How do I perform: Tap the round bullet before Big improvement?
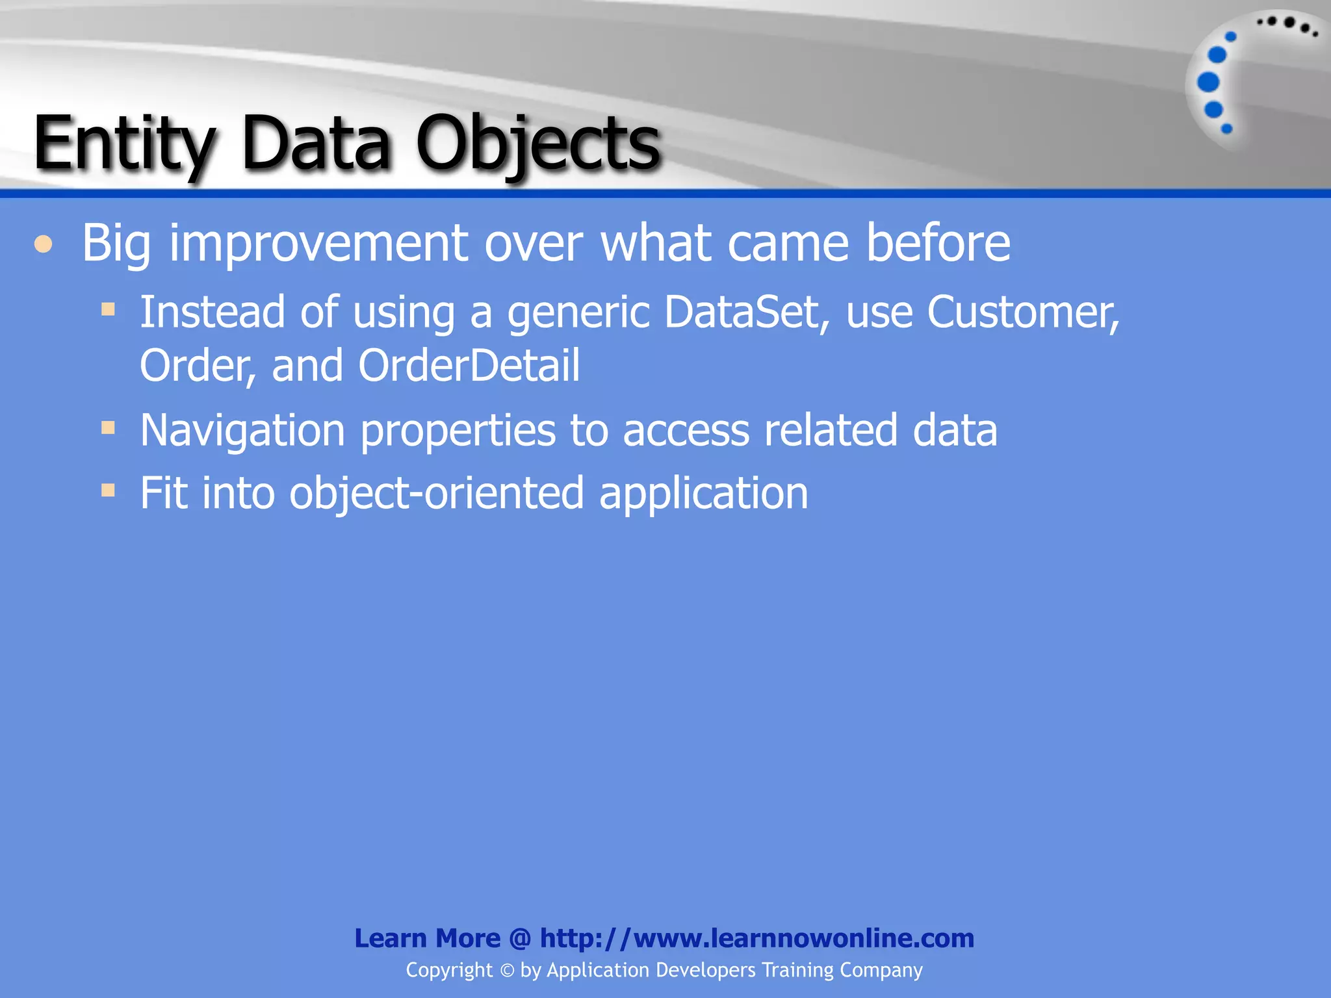point(44,244)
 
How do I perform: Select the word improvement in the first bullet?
point(318,244)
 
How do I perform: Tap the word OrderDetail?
point(469,365)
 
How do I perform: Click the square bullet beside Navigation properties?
point(108,428)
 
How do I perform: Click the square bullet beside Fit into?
point(108,490)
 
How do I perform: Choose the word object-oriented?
point(436,493)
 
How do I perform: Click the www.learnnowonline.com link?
point(756,938)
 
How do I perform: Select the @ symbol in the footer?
point(520,938)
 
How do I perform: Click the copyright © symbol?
point(507,971)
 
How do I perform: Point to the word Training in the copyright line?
point(797,970)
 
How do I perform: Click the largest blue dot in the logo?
point(1208,83)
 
